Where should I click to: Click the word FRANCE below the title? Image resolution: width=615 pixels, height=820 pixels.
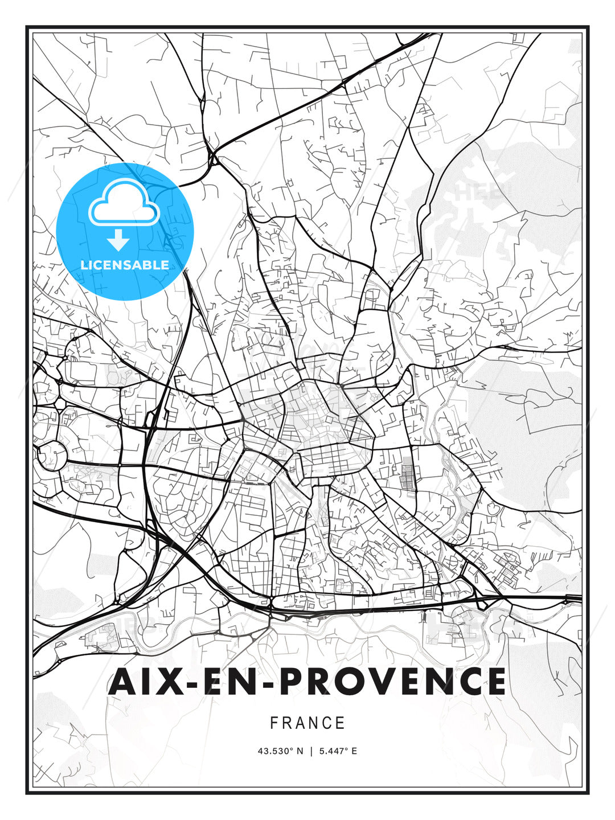click(307, 723)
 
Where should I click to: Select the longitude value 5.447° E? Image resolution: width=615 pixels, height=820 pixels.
click(338, 751)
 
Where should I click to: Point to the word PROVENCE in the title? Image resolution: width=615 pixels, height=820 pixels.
click(392, 681)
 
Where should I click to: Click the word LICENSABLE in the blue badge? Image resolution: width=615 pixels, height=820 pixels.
click(125, 265)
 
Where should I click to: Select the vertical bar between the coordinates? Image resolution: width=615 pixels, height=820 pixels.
click(311, 751)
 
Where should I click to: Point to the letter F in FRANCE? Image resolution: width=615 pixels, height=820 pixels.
click(274, 723)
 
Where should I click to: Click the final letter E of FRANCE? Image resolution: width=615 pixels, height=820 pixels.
click(341, 723)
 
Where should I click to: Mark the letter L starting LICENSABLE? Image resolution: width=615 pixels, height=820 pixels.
click(84, 265)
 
